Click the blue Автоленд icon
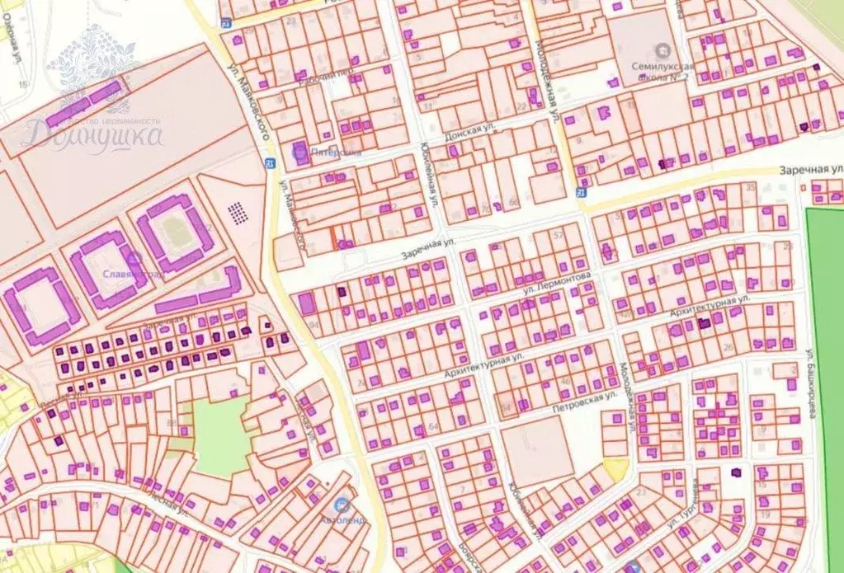pyautogui.click(x=341, y=504)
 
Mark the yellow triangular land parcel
pyautogui.click(x=615, y=468)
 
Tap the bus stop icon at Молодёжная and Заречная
pyautogui.click(x=581, y=192)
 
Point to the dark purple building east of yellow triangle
pyautogui.click(x=737, y=472)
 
